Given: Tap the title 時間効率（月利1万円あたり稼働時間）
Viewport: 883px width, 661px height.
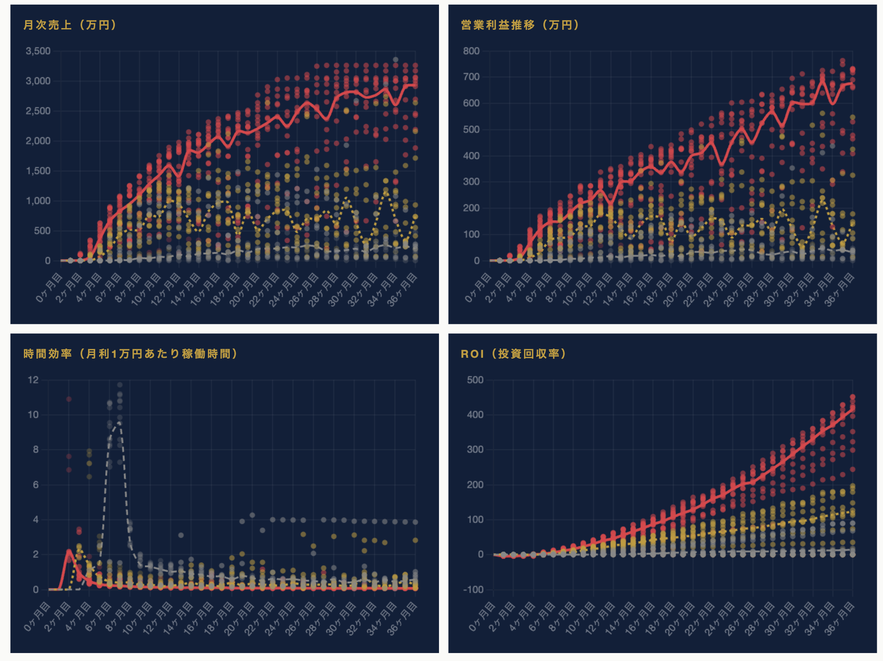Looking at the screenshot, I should [130, 354].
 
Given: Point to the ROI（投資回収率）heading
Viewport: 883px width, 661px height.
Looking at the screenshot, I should [514, 354].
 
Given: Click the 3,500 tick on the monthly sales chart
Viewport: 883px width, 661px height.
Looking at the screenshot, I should [38, 51].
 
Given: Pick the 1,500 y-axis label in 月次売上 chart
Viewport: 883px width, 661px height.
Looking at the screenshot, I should [38, 171].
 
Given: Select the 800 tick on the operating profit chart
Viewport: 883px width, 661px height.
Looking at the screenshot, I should [471, 51].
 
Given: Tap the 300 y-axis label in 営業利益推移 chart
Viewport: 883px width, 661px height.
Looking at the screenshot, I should [471, 182].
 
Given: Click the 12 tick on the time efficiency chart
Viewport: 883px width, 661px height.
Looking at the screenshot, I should [33, 380].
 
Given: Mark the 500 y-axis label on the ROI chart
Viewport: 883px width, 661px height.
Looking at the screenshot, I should [475, 380].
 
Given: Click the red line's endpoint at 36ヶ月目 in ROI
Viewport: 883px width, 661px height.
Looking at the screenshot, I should [852, 409].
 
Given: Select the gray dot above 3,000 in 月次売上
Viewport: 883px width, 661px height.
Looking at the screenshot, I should [395, 60].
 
